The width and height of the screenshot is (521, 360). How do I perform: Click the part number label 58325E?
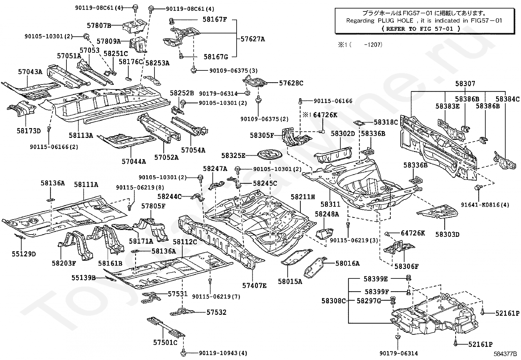[x=233, y=156]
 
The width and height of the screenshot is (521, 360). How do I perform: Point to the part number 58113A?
[x=81, y=135]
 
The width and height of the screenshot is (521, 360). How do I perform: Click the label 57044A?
[x=134, y=161]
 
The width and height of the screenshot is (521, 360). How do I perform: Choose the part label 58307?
[x=465, y=84]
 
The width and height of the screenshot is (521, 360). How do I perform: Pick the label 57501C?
[x=165, y=342]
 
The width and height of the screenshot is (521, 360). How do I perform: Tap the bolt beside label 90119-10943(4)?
[x=184, y=353]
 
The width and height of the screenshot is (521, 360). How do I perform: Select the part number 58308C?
[x=333, y=301]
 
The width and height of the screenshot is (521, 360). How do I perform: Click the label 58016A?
[x=347, y=263]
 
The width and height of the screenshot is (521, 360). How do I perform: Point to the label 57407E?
[x=254, y=285]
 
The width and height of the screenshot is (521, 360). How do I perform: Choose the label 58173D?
[x=29, y=131]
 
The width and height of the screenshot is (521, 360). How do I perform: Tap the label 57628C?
[x=291, y=83]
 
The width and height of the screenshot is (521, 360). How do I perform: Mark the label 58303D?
[x=447, y=234]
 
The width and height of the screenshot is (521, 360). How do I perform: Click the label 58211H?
[x=303, y=197]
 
